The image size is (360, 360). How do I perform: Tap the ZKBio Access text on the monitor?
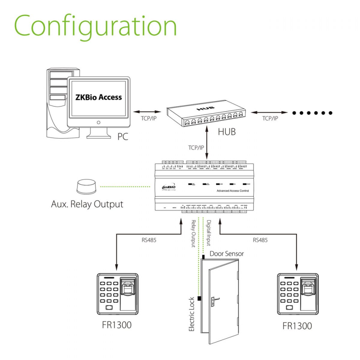click(98, 97)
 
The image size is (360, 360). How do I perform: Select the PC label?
click(123, 136)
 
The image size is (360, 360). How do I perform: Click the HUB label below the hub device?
click(226, 132)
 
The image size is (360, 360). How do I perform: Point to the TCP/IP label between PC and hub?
click(149, 118)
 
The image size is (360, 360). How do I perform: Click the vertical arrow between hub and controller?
click(207, 142)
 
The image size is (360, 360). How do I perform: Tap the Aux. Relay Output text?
click(87, 204)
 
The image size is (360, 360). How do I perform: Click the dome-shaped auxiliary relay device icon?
click(86, 187)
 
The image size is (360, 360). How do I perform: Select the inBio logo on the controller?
click(169, 187)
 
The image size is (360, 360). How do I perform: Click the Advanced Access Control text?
click(232, 191)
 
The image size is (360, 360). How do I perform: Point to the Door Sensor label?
click(226, 254)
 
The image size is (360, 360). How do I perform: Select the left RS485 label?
click(149, 240)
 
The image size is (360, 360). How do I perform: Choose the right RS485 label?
click(260, 240)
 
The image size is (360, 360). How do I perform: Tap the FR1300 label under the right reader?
click(297, 326)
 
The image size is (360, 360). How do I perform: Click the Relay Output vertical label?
click(193, 234)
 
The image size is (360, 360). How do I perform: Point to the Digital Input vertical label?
click(208, 233)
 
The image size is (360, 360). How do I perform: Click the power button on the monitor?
click(99, 122)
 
